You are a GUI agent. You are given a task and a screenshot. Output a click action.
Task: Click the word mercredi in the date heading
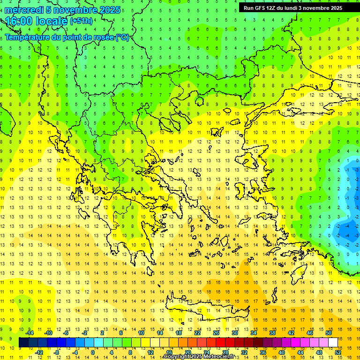click(x=23, y=9)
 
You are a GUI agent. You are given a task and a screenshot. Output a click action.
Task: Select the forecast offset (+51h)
click(x=81, y=21)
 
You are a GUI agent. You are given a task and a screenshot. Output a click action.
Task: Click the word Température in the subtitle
click(x=31, y=37)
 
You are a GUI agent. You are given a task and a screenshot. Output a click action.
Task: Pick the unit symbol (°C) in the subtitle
click(x=122, y=37)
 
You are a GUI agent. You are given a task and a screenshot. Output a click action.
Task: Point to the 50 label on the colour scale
click(x=328, y=333)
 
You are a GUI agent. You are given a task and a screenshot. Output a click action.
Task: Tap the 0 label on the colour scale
click(x=92, y=352)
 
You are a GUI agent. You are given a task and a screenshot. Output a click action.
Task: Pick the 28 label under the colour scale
click(x=225, y=352)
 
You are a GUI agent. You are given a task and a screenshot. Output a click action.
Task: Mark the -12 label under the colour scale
click(x=39, y=352)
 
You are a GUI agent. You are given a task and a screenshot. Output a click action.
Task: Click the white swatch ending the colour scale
click(x=333, y=343)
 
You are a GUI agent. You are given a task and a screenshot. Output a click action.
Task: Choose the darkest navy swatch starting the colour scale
click(x=23, y=343)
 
